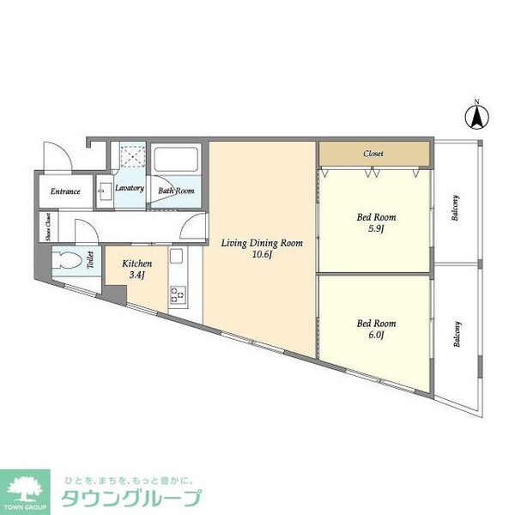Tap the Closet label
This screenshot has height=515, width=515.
373,154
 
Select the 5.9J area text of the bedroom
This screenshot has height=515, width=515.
374,229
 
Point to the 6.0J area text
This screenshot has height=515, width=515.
375,336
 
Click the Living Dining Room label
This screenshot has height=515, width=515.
262,243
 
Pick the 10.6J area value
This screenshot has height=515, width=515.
262,255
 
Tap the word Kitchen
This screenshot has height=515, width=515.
136,264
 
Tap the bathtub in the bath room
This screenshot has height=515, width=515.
176,161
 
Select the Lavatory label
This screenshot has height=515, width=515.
130,187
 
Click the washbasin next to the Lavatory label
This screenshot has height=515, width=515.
106,191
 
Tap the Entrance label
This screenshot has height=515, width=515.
65,191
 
